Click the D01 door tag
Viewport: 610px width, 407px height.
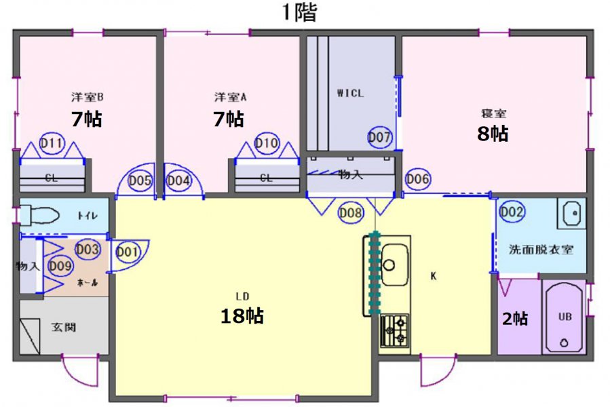[128, 252]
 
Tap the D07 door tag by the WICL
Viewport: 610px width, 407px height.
[379, 137]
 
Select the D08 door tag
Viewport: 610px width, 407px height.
[351, 212]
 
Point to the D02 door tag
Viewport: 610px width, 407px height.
[511, 212]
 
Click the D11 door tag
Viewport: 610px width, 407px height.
[52, 143]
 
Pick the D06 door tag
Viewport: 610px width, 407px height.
[417, 179]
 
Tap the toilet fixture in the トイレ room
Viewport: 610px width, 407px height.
[39, 215]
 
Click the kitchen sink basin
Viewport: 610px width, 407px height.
[394, 265]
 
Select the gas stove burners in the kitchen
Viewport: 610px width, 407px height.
[394, 330]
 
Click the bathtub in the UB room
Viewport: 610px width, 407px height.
[564, 317]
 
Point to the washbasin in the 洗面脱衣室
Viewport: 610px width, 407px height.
[571, 213]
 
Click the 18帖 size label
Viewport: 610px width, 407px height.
[242, 315]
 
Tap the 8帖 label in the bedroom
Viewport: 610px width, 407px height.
[493, 134]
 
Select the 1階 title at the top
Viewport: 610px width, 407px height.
[299, 12]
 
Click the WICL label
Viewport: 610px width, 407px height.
[350, 94]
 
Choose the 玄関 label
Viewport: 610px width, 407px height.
[64, 327]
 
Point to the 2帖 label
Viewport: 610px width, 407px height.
[515, 319]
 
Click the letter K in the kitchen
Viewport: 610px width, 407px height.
[434, 276]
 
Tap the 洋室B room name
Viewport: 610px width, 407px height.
[87, 97]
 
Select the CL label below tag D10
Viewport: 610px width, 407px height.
[266, 178]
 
